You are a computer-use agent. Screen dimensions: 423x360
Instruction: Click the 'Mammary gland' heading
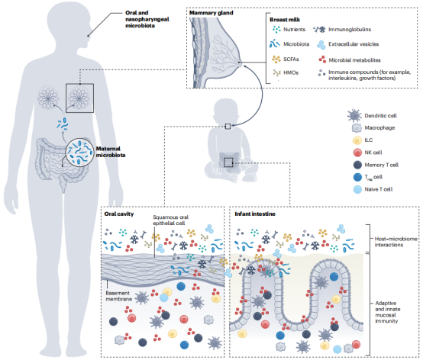coord(211,13)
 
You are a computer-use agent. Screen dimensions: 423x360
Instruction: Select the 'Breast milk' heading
coord(285,20)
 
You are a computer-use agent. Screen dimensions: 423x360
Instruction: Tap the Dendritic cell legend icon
coord(354,116)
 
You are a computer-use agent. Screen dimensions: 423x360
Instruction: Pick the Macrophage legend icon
coord(357,127)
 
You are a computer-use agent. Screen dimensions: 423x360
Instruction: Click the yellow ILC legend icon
coord(357,140)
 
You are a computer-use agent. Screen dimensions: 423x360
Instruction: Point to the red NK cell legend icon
coord(357,153)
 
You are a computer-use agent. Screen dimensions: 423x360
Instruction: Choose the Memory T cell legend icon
coord(357,165)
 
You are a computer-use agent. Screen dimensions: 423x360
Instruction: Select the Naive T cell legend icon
coord(357,189)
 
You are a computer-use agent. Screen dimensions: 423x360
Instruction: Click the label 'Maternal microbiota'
coord(111,152)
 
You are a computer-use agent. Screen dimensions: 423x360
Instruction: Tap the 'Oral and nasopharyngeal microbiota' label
coord(147,19)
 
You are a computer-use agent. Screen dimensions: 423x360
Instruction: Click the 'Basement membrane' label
coord(118,296)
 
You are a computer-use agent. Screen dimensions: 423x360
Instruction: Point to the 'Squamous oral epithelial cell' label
coord(170,220)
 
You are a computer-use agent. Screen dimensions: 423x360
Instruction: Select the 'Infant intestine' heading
coord(255,214)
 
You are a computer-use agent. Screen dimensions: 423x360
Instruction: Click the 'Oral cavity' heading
coord(119,214)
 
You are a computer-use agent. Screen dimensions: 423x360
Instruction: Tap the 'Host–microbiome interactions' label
coord(396,242)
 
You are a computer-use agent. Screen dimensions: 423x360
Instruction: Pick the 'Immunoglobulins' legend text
coord(350,30)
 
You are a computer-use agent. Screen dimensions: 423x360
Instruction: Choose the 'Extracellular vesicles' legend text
coord(354,44)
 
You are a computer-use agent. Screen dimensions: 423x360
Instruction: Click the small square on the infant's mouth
coord(228,127)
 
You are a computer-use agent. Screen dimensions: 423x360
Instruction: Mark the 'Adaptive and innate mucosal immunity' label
coord(388,312)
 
